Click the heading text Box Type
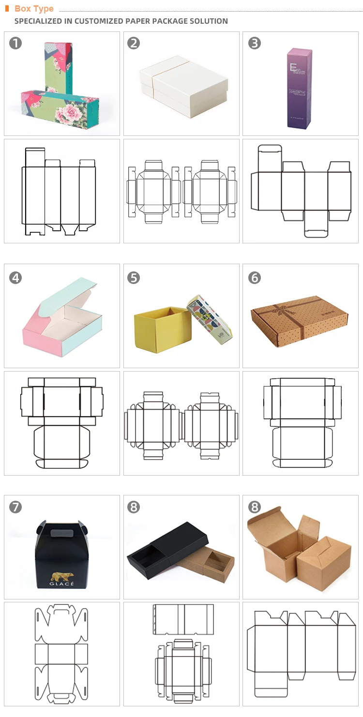point(34,9)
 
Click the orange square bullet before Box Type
point(7,8)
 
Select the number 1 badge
point(15,44)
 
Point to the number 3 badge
point(254,44)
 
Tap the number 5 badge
point(134,278)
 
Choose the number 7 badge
point(15,507)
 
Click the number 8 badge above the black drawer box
point(134,507)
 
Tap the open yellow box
point(162,327)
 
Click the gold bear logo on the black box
point(61,577)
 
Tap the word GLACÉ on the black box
point(61,584)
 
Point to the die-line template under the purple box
point(301,191)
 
